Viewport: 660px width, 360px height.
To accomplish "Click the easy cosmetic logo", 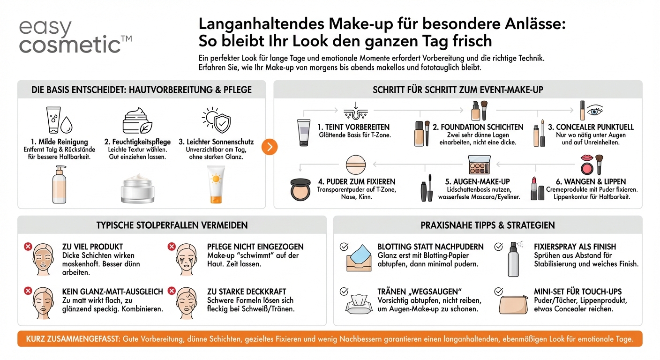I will coord(75,37).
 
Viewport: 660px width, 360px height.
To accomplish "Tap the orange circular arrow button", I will coord(269,147).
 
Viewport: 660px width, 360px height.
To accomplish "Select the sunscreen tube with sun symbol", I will coord(216,186).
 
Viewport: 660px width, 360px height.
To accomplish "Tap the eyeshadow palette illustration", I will coord(479,165).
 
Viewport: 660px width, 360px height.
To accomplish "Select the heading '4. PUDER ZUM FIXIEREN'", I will coord(356,181).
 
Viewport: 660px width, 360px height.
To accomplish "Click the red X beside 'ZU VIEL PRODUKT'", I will coord(28,246).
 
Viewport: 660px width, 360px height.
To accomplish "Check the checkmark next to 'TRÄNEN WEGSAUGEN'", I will coord(344,291).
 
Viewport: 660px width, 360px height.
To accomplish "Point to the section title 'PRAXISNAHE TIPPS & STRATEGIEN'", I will coord(487,225).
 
